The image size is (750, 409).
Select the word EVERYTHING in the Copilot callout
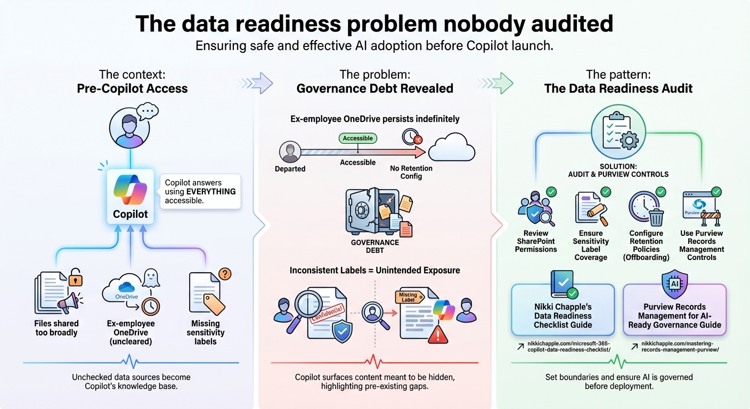click(210, 191)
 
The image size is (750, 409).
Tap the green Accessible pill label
click(358, 138)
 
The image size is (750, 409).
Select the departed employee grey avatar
click(290, 152)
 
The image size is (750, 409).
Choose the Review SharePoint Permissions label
click(536, 241)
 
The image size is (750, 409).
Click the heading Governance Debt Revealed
click(374, 88)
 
